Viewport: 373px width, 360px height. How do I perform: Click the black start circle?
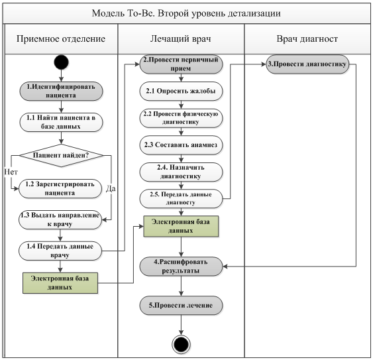pyautogui.click(x=62, y=62)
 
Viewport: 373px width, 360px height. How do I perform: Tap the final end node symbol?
pyautogui.click(x=181, y=344)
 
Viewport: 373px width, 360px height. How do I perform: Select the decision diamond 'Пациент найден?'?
pyautogui.click(x=62, y=156)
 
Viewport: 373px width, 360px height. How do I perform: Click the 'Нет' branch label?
pyautogui.click(x=11, y=172)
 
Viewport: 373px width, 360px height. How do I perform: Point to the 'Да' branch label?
pyautogui.click(x=111, y=188)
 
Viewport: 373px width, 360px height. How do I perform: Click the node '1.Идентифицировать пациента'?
pyautogui.click(x=61, y=91)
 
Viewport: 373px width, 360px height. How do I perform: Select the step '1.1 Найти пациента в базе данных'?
pyautogui.click(x=61, y=122)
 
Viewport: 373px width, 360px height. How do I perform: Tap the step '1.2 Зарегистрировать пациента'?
pyautogui.click(x=60, y=188)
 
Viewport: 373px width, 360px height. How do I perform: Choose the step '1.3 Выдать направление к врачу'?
pyautogui.click(x=60, y=219)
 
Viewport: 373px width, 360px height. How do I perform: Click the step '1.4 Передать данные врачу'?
pyautogui.click(x=60, y=251)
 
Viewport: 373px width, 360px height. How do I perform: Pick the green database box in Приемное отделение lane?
pyautogui.click(x=60, y=283)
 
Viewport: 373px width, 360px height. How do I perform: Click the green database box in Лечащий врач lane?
pyautogui.click(x=181, y=226)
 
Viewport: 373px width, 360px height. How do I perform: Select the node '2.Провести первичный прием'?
pyautogui.click(x=181, y=64)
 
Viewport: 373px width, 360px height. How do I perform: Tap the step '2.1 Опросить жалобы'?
pyautogui.click(x=181, y=91)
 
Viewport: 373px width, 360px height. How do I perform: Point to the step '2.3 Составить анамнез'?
pyautogui.click(x=181, y=145)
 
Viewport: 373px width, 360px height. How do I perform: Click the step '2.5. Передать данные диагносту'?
pyautogui.click(x=181, y=199)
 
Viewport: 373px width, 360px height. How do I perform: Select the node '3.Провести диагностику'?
pyautogui.click(x=307, y=64)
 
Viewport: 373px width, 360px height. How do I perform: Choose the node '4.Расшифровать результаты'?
pyautogui.click(x=181, y=267)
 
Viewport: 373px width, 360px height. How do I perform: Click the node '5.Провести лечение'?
pyautogui.click(x=181, y=306)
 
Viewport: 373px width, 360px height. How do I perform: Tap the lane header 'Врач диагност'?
pyautogui.click(x=307, y=39)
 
